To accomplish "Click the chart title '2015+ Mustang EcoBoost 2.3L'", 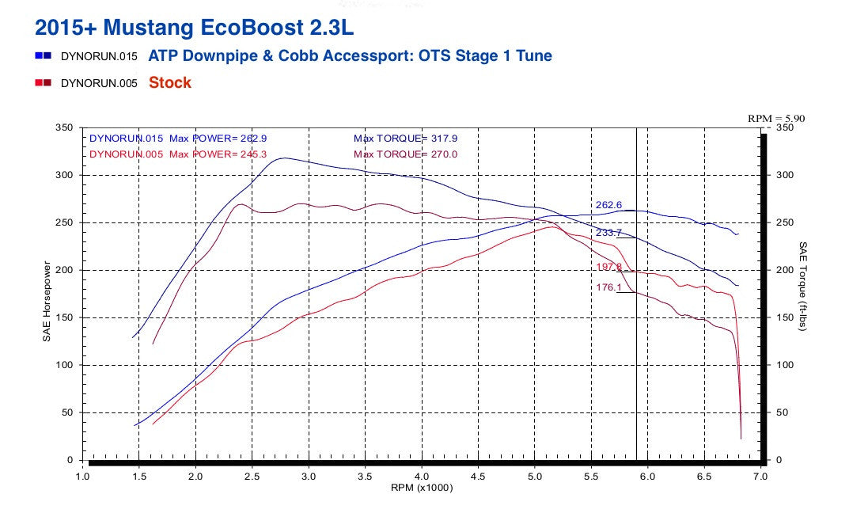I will pos(195,27).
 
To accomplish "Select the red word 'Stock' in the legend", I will pos(170,82).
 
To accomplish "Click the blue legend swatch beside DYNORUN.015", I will pos(44,56).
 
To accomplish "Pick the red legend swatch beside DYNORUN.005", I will pos(44,82).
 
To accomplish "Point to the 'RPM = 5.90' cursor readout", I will pos(775,118).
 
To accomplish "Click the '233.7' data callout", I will pos(608,233).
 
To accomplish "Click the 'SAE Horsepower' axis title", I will pos(47,302).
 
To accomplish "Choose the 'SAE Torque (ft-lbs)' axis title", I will pos(802,286).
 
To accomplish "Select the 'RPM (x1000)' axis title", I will pos(422,488).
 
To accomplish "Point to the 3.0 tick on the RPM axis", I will pos(309,477).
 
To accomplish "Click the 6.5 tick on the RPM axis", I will pos(704,477).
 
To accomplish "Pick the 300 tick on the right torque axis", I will pos(783,175).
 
